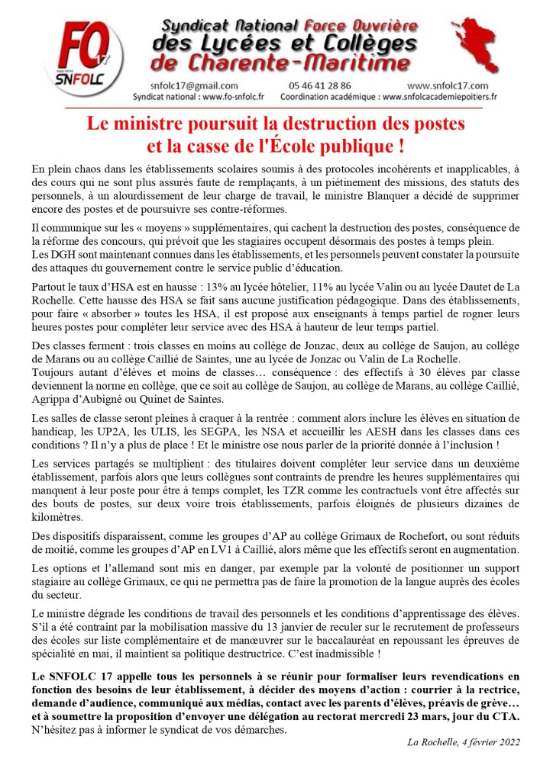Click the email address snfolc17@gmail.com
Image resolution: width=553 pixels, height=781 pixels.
[196, 86]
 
